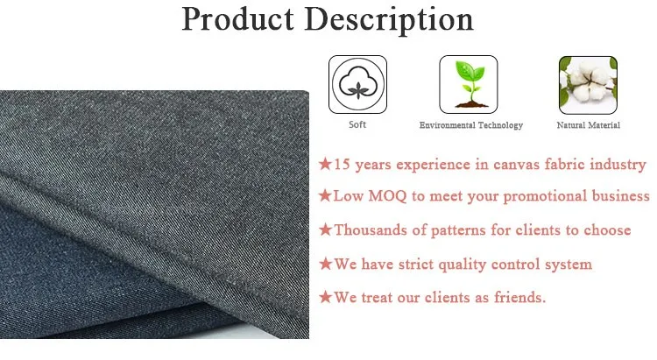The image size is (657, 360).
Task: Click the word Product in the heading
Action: [x=237, y=19]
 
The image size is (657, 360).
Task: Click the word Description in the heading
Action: [x=389, y=19]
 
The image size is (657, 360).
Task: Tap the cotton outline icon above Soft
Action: [x=357, y=84]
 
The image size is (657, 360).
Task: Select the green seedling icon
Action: [x=469, y=84]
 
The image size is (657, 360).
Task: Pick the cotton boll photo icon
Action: [x=588, y=85]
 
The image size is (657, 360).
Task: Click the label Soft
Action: [x=357, y=124]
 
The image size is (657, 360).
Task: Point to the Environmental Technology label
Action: [x=471, y=125]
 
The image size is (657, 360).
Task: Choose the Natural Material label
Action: [x=589, y=125]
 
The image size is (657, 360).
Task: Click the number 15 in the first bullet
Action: [x=342, y=165]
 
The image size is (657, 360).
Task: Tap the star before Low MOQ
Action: [x=325, y=195]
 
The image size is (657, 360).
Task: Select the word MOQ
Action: [x=387, y=196]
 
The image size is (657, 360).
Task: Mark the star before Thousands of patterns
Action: [x=325, y=229]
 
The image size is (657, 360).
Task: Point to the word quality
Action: [x=459, y=265]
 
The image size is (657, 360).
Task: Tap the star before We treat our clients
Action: [x=325, y=297]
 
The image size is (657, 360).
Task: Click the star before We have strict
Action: [x=325, y=264]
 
